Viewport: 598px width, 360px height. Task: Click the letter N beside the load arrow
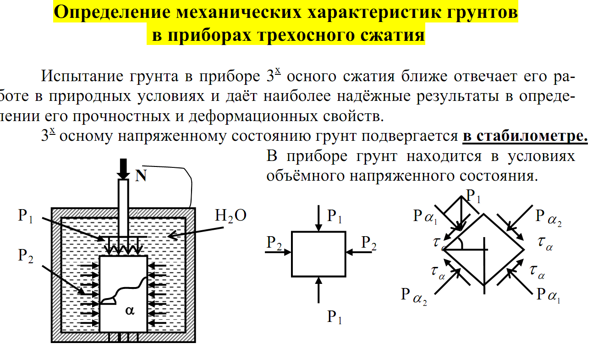click(x=141, y=176)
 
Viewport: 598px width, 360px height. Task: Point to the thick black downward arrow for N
click(x=123, y=169)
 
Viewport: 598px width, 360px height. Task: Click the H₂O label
click(x=230, y=216)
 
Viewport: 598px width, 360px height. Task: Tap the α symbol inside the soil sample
click(x=130, y=310)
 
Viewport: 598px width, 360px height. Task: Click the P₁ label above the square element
click(x=335, y=216)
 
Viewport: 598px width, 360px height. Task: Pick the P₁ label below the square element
click(x=335, y=317)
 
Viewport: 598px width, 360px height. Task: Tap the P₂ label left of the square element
click(x=274, y=243)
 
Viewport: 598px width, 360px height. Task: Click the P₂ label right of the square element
click(x=368, y=243)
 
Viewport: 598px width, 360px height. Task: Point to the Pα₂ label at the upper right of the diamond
click(x=548, y=216)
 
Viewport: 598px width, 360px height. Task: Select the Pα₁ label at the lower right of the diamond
click(x=549, y=294)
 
